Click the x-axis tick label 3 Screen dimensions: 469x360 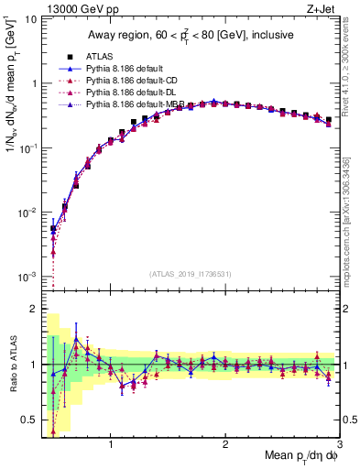click(x=338, y=445)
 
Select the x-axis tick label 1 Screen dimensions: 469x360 click(x=111, y=445)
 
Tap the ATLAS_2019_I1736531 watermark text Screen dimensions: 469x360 click(x=190, y=274)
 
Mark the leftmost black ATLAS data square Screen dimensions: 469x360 click(x=53, y=228)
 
